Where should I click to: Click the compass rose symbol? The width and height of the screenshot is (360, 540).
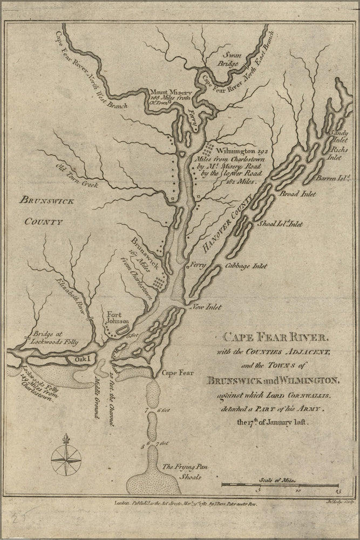pos(66,457)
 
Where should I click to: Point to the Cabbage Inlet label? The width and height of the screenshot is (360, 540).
pos(246,266)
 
